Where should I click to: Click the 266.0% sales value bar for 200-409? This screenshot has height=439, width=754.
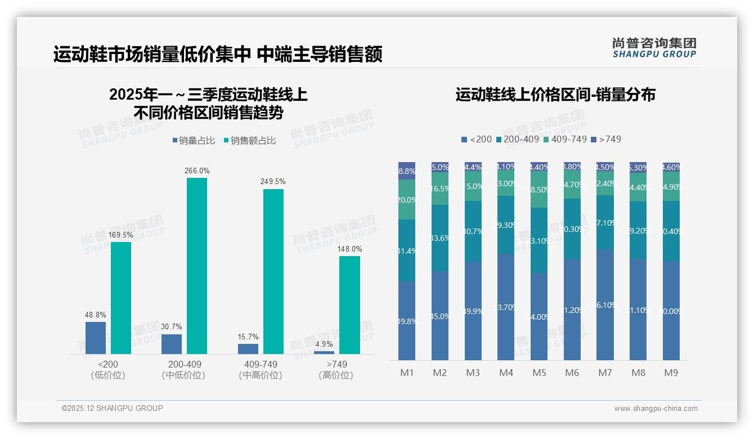(197, 266)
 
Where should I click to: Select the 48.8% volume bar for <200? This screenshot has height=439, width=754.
(96, 338)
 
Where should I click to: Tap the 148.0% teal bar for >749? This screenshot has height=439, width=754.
(349, 305)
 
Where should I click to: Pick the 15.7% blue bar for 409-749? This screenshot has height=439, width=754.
(248, 349)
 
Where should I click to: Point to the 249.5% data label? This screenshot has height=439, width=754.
(273, 182)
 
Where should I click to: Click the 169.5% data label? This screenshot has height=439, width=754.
(121, 235)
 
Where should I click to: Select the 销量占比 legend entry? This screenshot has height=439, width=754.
(194, 141)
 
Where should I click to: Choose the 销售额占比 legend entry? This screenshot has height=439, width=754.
(250, 141)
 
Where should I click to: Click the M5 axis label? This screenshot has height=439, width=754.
(539, 373)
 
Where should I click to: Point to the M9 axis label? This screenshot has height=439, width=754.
(671, 373)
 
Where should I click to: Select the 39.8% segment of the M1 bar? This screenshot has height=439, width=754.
(407, 321)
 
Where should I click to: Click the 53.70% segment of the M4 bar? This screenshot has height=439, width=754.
(506, 307)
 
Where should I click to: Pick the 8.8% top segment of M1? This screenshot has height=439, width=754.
(407, 171)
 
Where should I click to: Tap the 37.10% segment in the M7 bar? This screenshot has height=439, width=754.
(605, 222)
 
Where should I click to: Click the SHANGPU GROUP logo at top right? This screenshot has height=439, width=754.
(654, 48)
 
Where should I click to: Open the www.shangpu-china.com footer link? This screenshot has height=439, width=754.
(656, 409)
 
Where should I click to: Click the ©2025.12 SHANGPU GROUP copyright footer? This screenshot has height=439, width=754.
(113, 408)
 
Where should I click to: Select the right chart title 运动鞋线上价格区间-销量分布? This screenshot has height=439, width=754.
(555, 95)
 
